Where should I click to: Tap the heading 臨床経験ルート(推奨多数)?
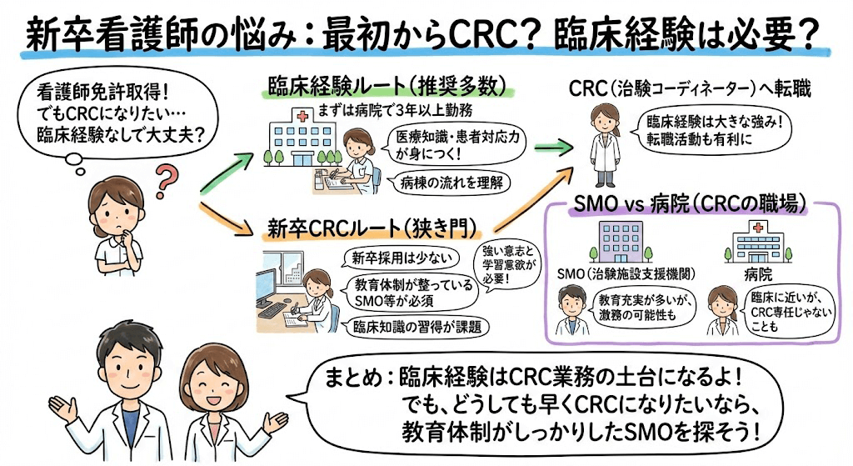[390, 86]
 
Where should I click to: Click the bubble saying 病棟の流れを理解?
[445, 182]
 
